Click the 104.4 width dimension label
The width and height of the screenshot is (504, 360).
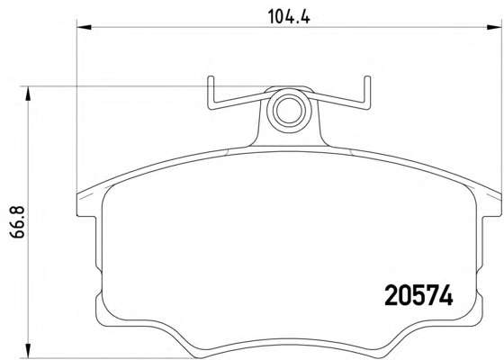289,16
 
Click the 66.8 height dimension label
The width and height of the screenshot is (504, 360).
17,222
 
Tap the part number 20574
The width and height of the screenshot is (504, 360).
418,295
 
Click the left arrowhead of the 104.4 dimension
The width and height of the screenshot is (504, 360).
85,27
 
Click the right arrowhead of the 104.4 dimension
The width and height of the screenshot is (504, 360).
494,27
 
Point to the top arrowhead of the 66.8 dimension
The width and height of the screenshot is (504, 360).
29,94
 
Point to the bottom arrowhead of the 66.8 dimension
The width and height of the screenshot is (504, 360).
29,350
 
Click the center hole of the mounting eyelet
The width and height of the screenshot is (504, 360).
289,110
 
